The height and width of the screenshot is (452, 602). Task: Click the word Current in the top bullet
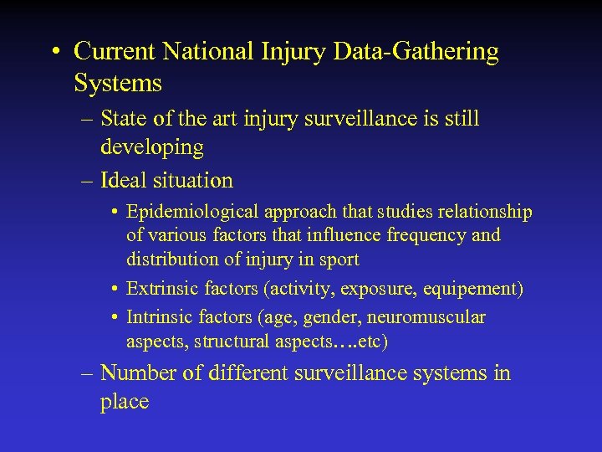(115, 52)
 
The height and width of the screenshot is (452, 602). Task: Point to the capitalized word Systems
(118, 83)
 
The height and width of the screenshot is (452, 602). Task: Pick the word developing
(151, 148)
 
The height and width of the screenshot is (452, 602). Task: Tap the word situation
(193, 180)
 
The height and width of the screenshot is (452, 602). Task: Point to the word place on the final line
(124, 402)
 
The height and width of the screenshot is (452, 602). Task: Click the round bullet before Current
(54, 53)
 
